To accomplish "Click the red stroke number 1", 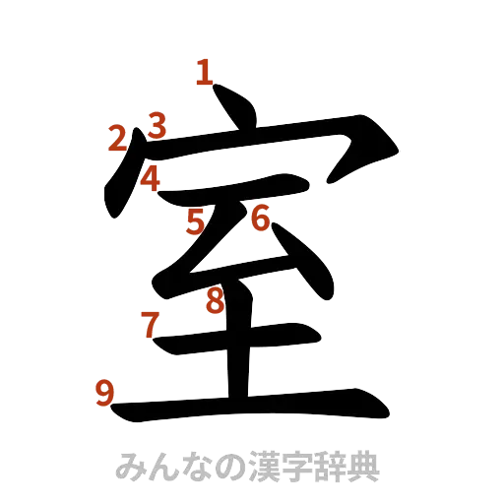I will pos(205,72).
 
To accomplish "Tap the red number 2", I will pos(118,139).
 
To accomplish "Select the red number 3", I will pos(156,125).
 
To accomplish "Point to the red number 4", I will pos(151,178).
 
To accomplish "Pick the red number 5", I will pos(196,222).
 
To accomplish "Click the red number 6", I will pos(260,219).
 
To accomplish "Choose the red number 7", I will pos(149,323).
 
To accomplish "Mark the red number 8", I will pos(215,301).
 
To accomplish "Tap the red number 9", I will pos(104,393).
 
